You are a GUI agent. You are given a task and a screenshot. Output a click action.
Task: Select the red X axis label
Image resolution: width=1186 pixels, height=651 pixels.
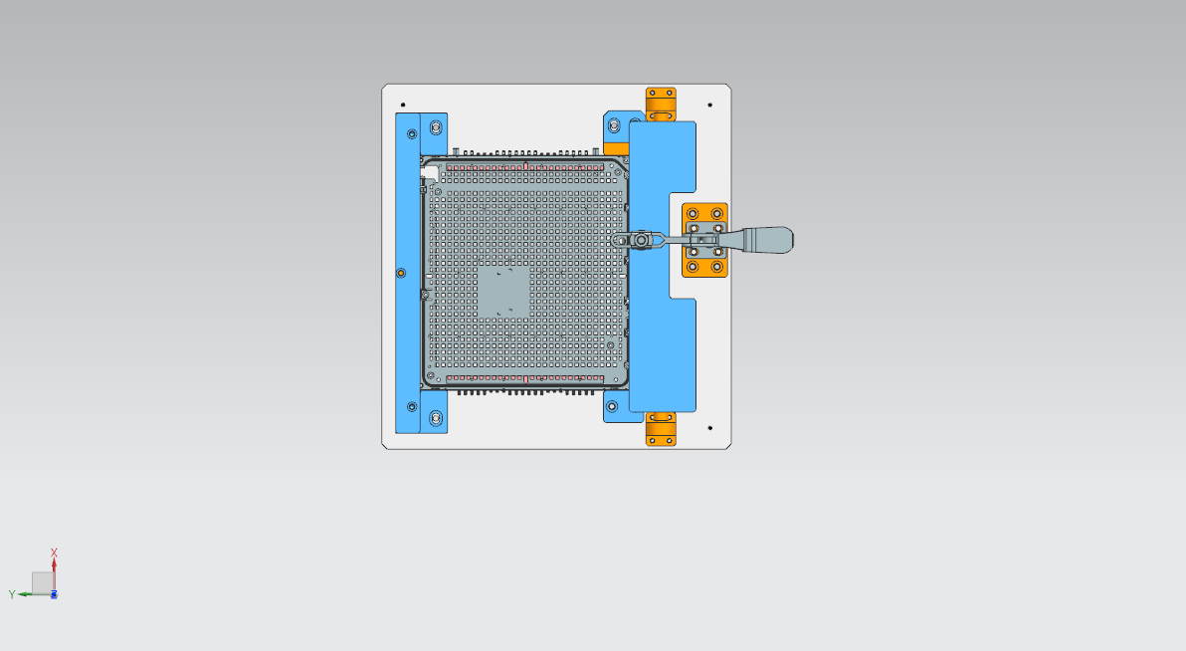[54, 552]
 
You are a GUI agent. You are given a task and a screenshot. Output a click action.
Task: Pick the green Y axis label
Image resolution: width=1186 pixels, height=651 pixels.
[12, 594]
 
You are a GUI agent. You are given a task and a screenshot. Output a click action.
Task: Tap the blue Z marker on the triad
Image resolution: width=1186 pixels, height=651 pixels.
[54, 594]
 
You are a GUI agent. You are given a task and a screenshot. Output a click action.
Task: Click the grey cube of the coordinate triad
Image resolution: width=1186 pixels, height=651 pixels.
[41, 582]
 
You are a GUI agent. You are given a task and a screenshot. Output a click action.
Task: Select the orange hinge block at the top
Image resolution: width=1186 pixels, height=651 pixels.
[661, 104]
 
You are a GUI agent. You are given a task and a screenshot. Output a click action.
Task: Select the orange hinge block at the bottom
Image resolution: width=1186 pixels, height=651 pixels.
[661, 429]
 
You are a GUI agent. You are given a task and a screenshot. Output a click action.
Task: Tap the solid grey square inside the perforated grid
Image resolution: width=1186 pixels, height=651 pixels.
[504, 292]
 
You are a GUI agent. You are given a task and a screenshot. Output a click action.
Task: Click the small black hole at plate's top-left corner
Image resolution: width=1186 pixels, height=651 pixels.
[403, 105]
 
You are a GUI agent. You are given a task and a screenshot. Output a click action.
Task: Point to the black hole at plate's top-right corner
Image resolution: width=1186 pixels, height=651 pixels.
[709, 105]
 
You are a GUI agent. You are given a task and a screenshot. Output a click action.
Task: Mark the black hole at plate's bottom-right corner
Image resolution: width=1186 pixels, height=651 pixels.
[709, 428]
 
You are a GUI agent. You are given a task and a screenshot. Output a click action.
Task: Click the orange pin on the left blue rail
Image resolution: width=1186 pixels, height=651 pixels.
[401, 273]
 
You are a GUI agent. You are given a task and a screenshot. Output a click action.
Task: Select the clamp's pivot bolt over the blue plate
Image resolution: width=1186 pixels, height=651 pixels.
[643, 240]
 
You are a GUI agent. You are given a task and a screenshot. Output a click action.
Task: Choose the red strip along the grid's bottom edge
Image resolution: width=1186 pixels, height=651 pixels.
[527, 378]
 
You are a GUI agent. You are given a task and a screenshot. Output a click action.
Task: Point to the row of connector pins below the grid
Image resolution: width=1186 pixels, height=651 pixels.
[527, 392]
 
